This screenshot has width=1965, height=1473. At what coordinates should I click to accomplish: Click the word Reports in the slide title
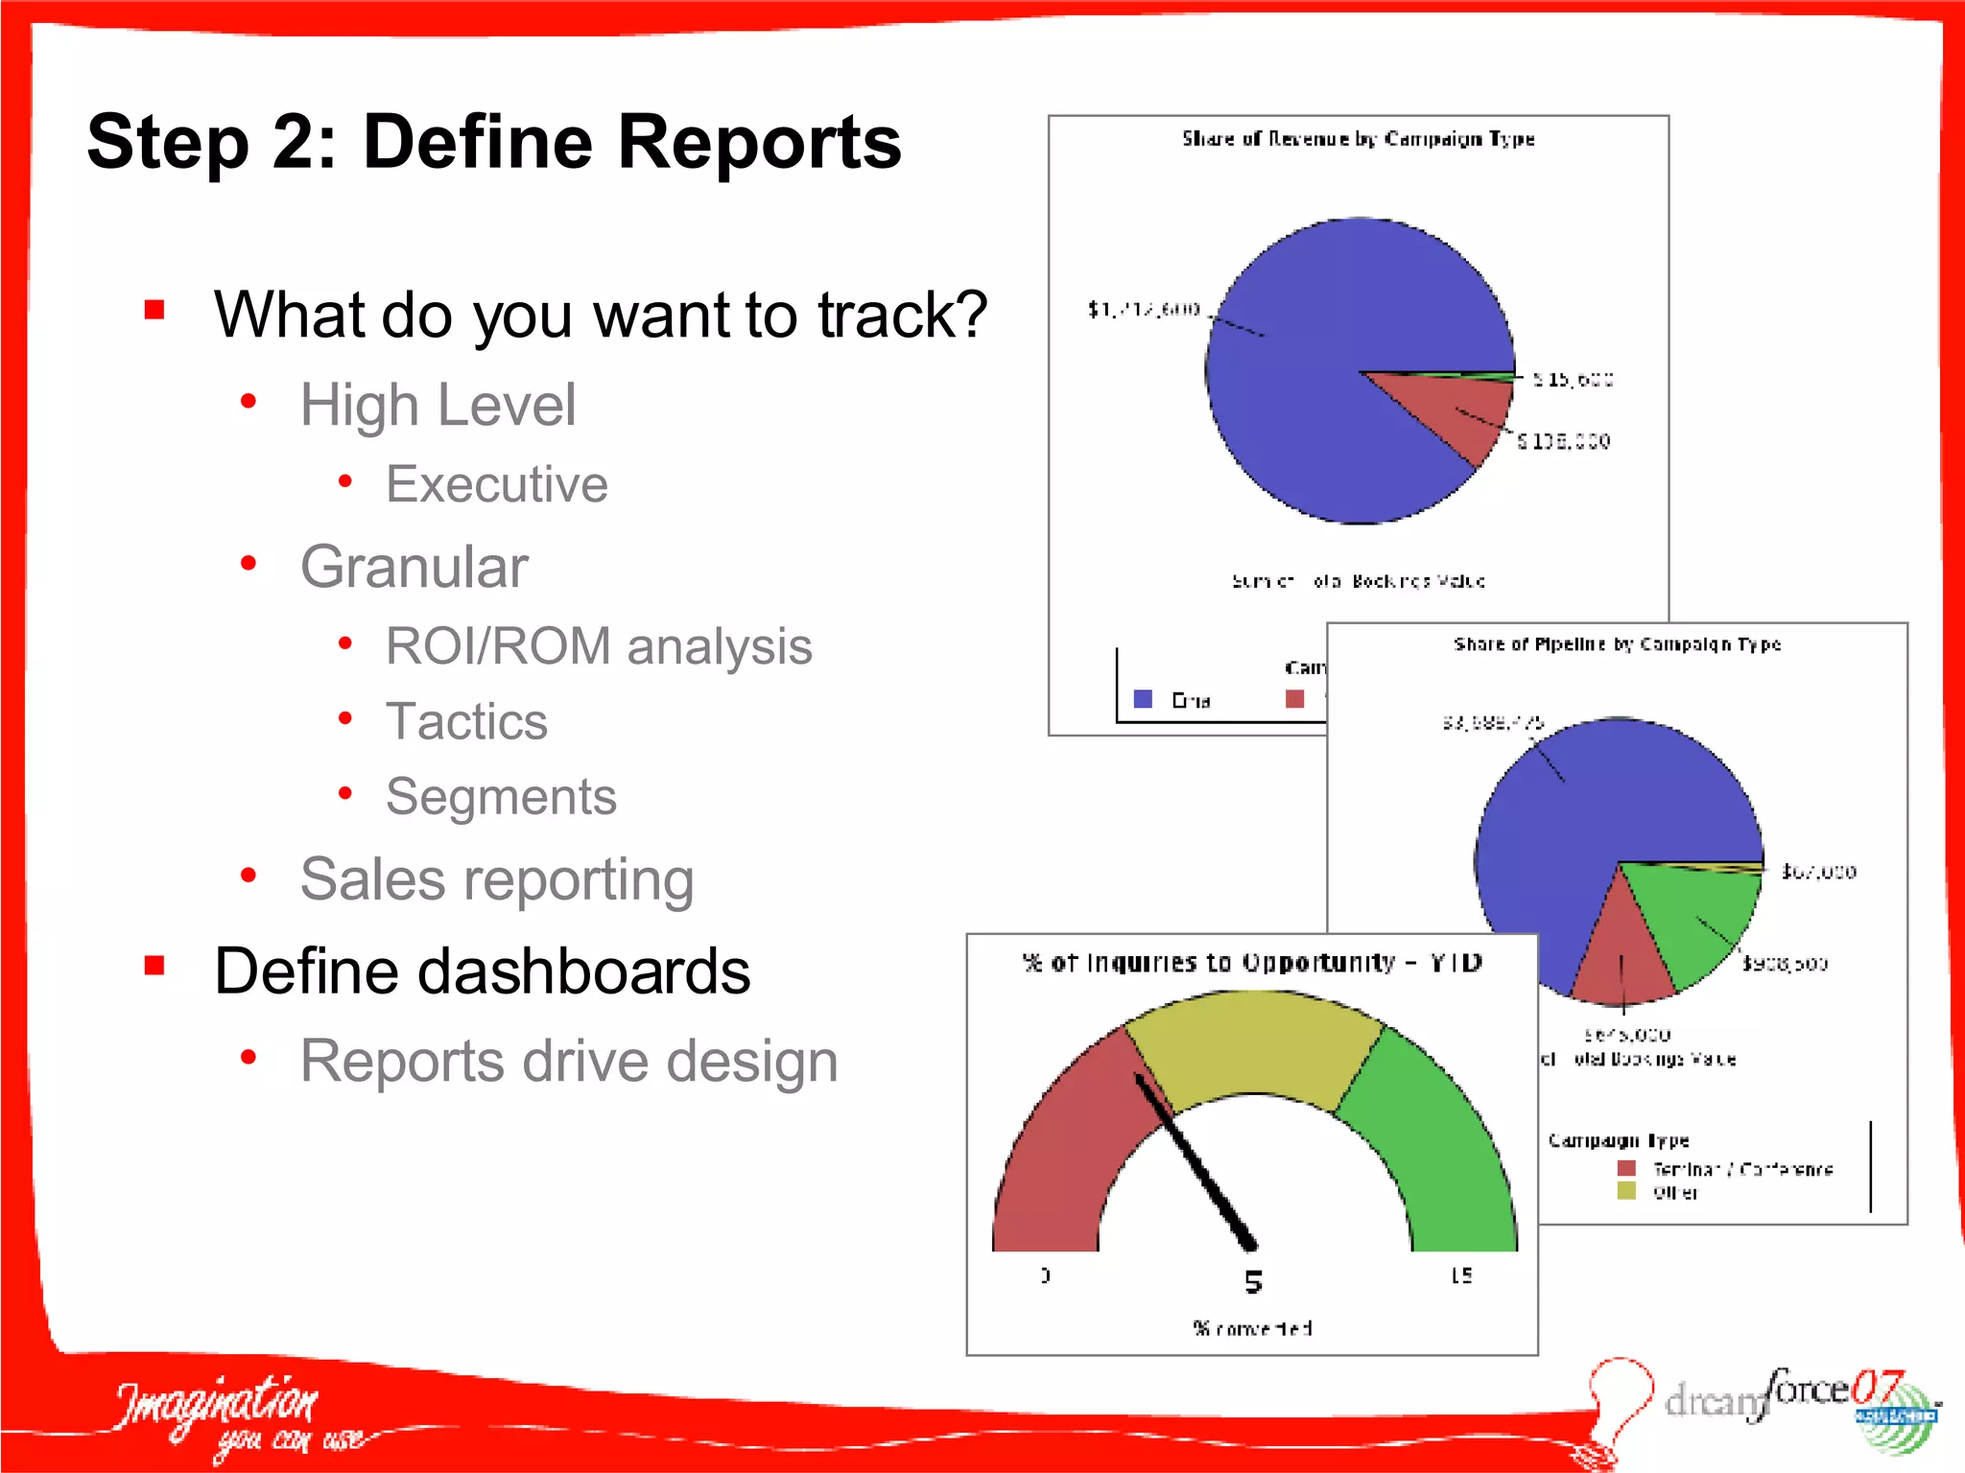[758, 142]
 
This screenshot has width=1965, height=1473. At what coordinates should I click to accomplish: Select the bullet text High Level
[438, 405]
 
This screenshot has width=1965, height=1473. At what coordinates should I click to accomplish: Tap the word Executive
[496, 484]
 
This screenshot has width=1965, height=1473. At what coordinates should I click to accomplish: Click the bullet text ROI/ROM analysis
[598, 646]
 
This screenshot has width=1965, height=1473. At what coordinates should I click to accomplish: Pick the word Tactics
[466, 721]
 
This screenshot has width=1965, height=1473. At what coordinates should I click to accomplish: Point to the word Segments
[501, 797]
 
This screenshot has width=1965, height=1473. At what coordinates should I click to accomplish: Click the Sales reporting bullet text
[496, 879]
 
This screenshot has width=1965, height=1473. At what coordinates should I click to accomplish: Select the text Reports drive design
[568, 1062]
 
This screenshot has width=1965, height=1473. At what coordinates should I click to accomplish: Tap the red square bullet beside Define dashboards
[154, 966]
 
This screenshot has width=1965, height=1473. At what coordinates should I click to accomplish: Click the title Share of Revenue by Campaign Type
[1358, 139]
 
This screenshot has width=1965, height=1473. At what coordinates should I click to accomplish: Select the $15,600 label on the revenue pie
[1573, 380]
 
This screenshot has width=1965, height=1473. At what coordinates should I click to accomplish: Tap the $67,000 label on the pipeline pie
[1818, 872]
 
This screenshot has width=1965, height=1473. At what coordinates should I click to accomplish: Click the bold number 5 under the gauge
[1253, 1282]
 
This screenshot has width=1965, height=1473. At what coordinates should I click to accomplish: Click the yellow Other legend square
[1626, 1191]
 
